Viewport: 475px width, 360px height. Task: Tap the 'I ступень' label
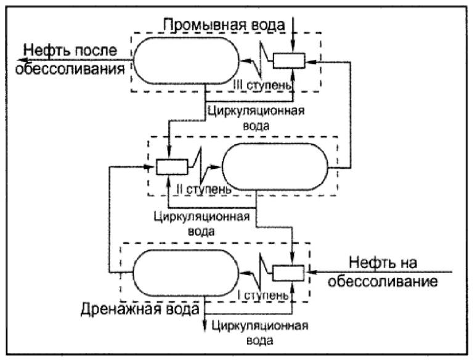263,295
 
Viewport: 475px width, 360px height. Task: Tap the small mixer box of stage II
171,166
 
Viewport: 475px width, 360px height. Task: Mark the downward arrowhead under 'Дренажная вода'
205,330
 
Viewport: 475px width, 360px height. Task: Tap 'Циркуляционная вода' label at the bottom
258,331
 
